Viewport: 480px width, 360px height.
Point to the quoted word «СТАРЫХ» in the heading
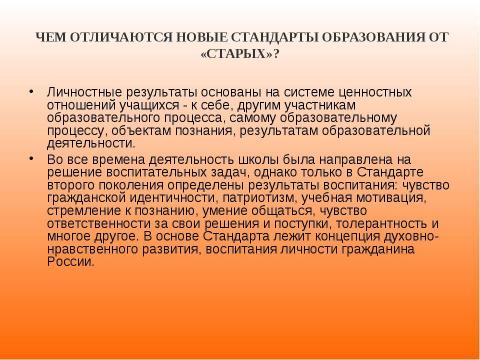[x=240, y=53]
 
